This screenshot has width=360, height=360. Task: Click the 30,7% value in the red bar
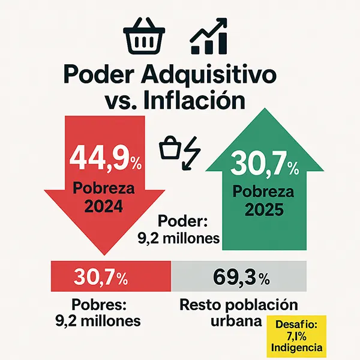pos(101,278)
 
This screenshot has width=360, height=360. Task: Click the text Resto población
pos(239,304)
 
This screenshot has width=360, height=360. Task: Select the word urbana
pos(236,321)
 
